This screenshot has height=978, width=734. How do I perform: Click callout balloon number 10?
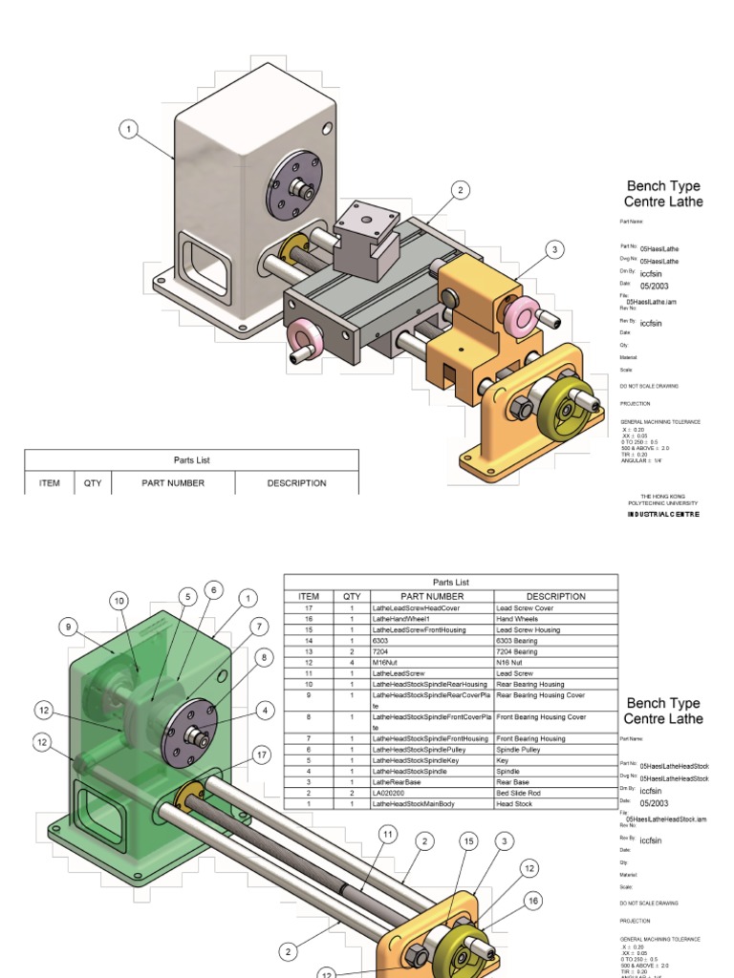click(119, 601)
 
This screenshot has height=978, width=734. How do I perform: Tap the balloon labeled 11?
click(387, 834)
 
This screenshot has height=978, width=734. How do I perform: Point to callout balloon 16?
click(533, 901)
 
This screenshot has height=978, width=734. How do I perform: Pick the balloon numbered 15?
click(468, 840)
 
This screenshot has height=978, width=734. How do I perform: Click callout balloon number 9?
click(68, 627)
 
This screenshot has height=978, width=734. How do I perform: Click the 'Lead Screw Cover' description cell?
click(524, 607)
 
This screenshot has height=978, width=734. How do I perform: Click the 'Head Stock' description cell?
click(515, 804)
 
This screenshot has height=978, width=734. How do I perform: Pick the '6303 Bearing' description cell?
click(518, 641)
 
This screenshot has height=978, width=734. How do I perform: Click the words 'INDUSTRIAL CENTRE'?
click(663, 514)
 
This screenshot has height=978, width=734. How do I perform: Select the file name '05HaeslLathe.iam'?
click(658, 301)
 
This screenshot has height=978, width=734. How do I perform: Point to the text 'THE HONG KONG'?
click(662, 496)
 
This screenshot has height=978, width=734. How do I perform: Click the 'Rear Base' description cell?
click(514, 782)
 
